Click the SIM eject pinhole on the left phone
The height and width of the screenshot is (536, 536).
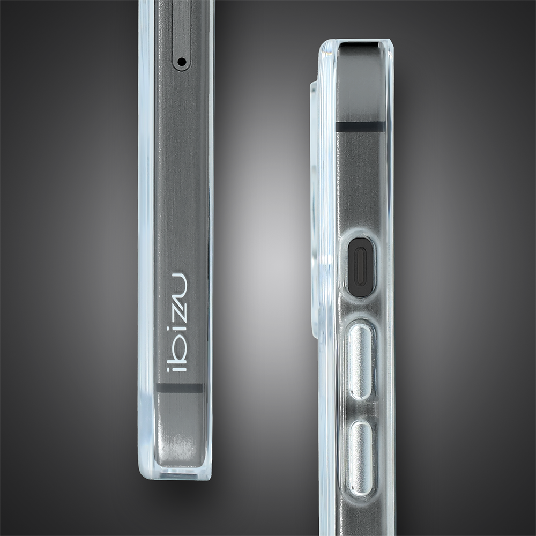click(181, 62)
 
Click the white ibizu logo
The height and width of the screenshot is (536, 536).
click(177, 322)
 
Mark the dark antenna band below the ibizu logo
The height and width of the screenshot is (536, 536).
click(180, 388)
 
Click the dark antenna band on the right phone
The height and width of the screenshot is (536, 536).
click(360, 127)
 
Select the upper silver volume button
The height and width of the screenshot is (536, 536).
click(361, 361)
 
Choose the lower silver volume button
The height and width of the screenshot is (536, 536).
click(361, 457)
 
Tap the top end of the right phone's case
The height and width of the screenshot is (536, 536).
click(356, 43)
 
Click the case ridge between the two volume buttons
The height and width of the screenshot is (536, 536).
click(361, 410)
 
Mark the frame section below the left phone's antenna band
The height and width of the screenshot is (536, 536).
click(180, 429)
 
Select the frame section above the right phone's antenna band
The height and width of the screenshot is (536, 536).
click(360, 86)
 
